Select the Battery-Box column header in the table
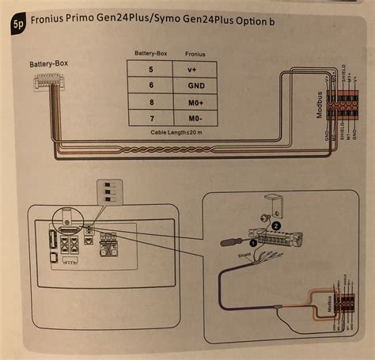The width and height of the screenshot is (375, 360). coord(150,55)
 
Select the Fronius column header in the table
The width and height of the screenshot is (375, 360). coord(195,55)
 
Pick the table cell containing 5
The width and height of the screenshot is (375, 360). coord(150,70)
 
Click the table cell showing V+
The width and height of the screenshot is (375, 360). coord(195,70)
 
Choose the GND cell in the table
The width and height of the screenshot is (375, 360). coord(195,85)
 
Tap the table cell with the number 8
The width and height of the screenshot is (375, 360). coord(150,102)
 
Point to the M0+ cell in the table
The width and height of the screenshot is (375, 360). coord(195,102)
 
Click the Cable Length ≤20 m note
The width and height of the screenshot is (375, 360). coord(172,132)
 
